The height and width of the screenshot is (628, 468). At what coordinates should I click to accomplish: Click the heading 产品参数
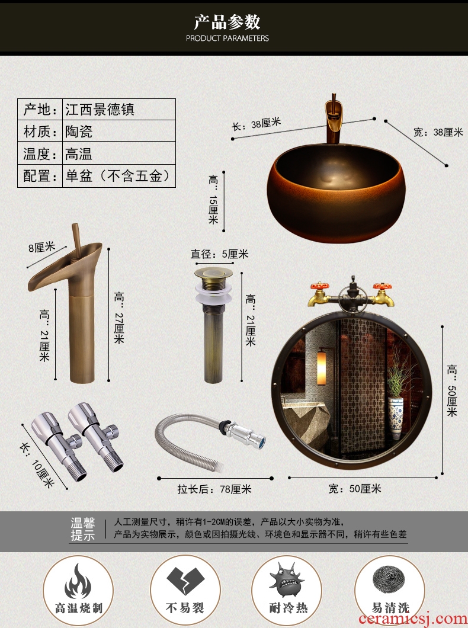(x=227, y=22)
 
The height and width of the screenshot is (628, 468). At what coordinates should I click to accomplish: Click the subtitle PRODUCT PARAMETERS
(x=227, y=39)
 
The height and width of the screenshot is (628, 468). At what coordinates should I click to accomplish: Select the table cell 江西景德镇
(x=100, y=110)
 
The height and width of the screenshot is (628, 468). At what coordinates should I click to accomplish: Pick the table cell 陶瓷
(x=79, y=131)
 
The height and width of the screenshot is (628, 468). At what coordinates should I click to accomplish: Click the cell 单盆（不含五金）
(x=118, y=176)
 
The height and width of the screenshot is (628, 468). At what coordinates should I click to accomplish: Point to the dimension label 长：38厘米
(x=257, y=124)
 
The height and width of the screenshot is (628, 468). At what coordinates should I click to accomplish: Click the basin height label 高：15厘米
(x=213, y=199)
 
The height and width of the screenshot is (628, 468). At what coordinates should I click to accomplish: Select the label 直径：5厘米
(x=219, y=254)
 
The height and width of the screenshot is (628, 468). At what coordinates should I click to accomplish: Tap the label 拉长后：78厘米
(x=214, y=489)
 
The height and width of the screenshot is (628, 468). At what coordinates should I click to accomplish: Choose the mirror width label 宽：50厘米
(x=355, y=489)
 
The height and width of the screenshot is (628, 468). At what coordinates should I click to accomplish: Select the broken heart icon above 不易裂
(x=185, y=580)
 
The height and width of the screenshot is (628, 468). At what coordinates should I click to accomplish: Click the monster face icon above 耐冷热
(x=287, y=579)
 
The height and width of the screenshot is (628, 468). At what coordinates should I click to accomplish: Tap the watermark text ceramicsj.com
(x=413, y=619)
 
